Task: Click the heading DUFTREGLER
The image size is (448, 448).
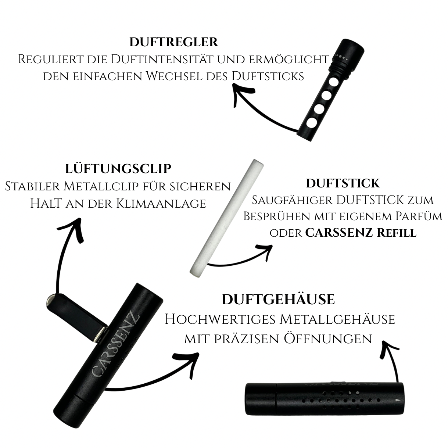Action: tap(174, 42)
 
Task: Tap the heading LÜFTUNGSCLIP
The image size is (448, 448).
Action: tap(118, 168)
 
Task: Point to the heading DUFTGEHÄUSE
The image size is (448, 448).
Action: tap(278, 300)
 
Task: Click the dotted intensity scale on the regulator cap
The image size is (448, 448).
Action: tap(341, 57)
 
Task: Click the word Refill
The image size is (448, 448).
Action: tap(397, 233)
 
